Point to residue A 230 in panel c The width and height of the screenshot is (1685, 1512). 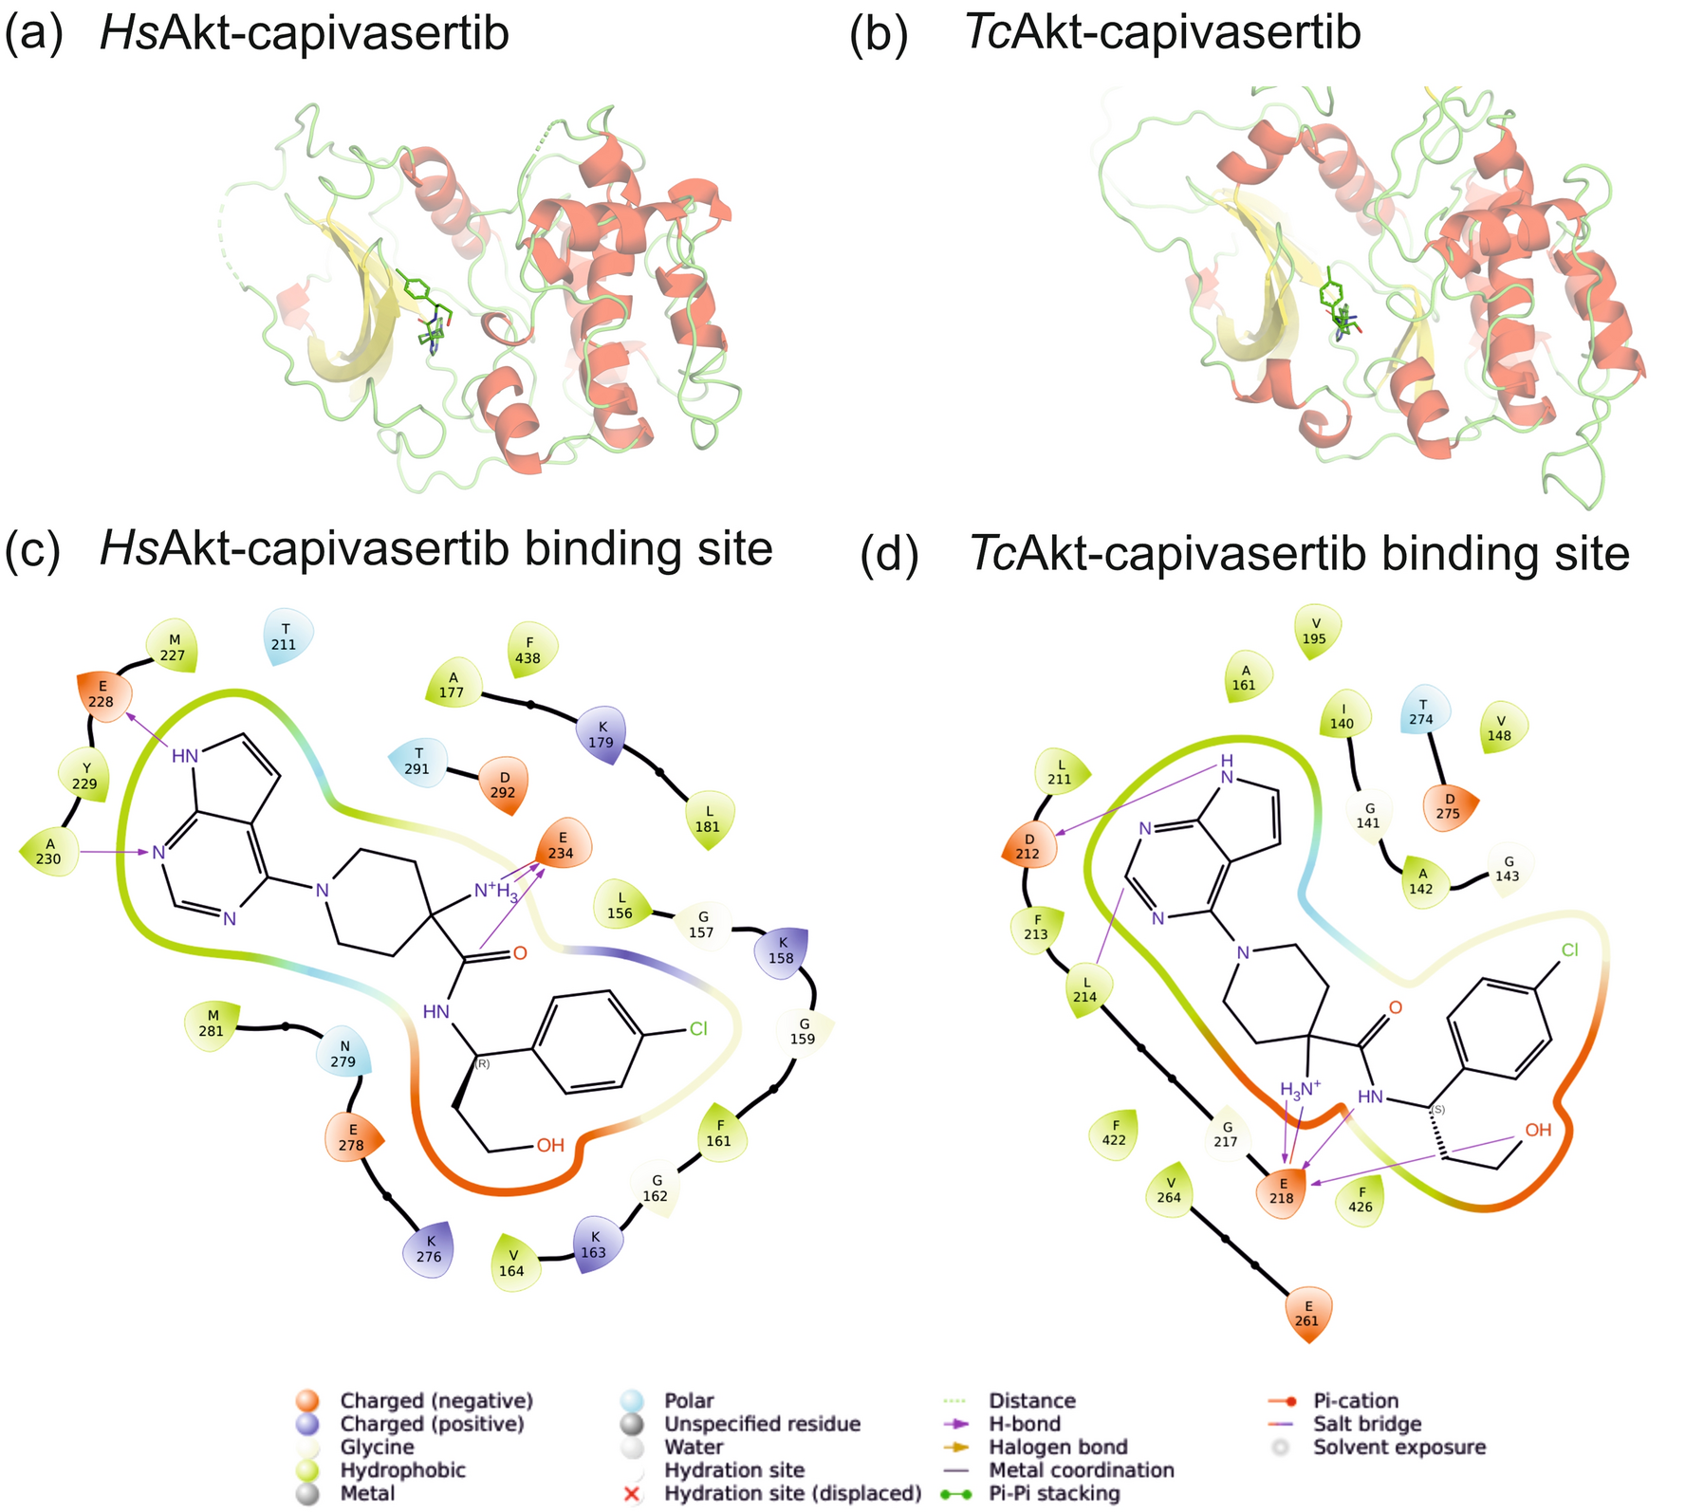[x=49, y=852]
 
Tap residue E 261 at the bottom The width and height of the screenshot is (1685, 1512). [x=1308, y=1313]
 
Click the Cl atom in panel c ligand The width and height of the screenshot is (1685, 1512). [x=698, y=1028]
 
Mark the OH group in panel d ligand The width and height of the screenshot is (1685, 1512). [x=1538, y=1130]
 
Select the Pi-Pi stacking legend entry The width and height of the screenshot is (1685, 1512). [x=1053, y=1494]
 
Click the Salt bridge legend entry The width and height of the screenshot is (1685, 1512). [x=1367, y=1424]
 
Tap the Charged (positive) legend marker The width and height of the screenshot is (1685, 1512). [x=306, y=1424]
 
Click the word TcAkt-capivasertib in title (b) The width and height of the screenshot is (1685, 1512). [x=1163, y=33]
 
